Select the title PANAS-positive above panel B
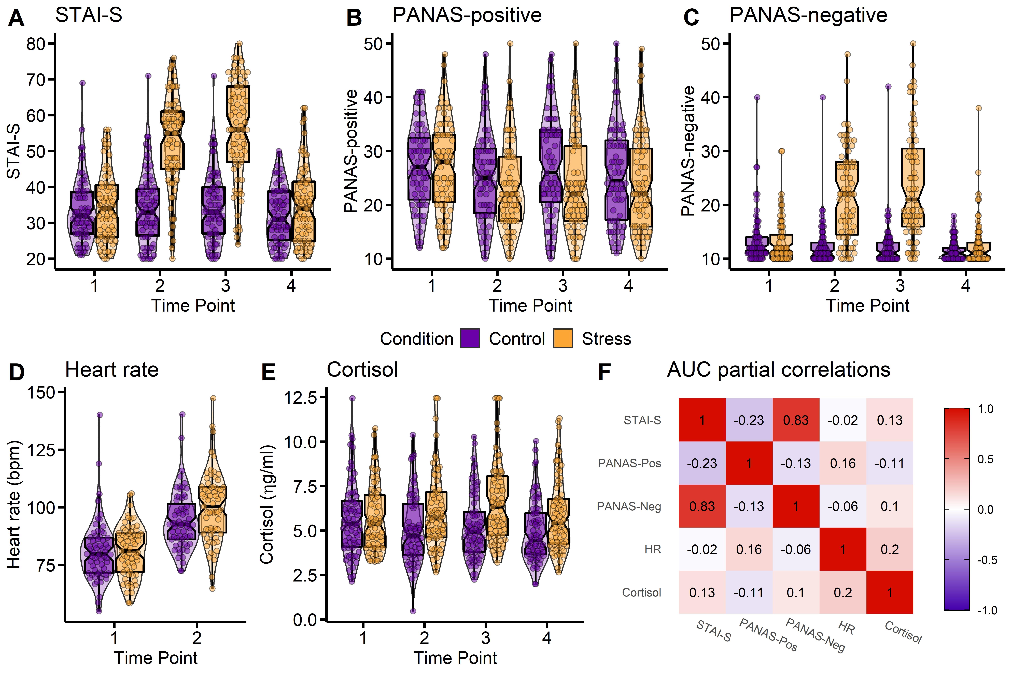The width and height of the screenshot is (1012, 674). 467,16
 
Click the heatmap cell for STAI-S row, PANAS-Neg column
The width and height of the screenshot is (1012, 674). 796,420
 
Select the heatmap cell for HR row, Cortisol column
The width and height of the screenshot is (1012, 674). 889,549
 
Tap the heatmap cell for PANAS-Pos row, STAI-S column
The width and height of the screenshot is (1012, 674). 702,463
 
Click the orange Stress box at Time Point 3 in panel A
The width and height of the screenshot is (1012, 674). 238,124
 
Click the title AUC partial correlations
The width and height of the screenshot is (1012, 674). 778,370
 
